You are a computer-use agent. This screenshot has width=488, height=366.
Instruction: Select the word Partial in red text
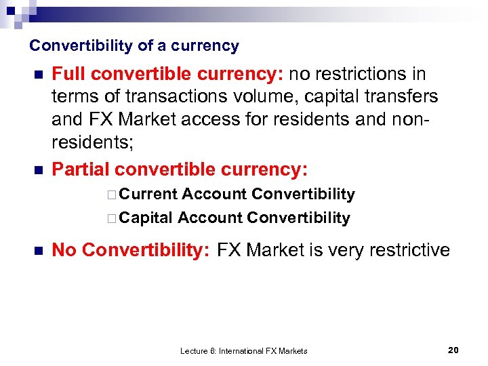coord(81,169)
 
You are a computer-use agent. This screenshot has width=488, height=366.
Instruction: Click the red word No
coord(64,250)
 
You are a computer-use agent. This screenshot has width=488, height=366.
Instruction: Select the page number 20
coord(454,350)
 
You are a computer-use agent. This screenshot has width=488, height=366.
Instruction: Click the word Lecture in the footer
coord(195,351)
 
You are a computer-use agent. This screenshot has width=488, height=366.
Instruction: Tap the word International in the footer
coord(242,351)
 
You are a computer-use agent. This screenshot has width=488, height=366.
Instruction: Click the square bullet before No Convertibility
coord(38,251)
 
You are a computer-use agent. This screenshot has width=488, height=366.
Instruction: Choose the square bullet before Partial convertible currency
coord(38,169)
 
